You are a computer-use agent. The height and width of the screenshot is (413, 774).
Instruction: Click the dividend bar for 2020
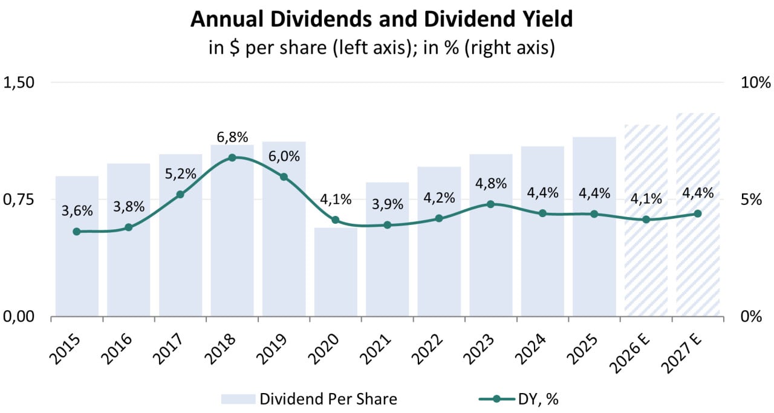click(336, 272)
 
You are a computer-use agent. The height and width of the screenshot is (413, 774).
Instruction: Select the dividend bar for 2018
click(232, 242)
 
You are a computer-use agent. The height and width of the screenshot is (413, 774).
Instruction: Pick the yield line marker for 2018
click(232, 158)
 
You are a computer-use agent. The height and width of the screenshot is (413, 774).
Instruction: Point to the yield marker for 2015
click(77, 232)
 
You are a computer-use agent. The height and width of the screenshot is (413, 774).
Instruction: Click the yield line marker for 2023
click(490, 204)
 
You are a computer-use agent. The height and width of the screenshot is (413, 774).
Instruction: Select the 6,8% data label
click(232, 137)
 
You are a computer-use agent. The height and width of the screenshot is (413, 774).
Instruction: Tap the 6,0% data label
click(284, 156)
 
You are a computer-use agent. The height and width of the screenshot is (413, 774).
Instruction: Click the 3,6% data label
click(77, 211)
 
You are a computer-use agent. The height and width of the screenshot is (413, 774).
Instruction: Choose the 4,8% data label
click(490, 183)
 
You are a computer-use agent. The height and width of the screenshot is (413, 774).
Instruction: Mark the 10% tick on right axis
click(755, 83)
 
